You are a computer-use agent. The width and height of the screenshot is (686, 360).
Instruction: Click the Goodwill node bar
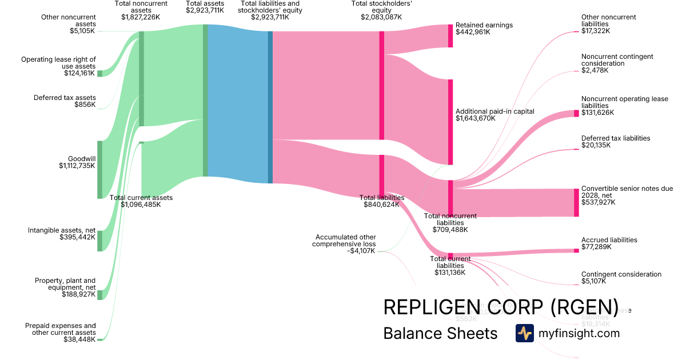click(x=99, y=169)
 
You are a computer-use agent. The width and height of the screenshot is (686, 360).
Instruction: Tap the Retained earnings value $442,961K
click(x=473, y=32)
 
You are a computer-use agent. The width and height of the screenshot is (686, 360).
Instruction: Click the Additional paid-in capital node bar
click(x=450, y=122)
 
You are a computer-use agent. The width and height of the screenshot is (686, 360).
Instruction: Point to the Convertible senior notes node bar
click(x=576, y=202)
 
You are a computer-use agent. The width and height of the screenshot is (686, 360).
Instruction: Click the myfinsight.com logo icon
click(x=524, y=333)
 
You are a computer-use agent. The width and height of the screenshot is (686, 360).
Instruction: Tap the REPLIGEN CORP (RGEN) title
click(x=500, y=307)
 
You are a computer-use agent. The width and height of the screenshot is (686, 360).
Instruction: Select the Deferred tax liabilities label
click(x=616, y=138)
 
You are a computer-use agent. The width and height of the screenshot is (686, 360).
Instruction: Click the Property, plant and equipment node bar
click(x=99, y=295)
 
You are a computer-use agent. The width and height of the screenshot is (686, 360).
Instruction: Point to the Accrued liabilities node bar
click(x=576, y=250)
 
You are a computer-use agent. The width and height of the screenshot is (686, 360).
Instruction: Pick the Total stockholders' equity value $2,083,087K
click(x=382, y=17)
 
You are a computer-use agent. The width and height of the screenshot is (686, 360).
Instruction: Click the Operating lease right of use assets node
click(x=99, y=73)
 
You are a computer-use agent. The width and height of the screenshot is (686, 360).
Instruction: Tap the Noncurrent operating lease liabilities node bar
click(x=576, y=113)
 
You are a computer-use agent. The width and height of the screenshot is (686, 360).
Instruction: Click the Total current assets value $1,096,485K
click(x=141, y=205)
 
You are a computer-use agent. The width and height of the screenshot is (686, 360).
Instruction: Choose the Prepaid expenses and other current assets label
click(x=61, y=329)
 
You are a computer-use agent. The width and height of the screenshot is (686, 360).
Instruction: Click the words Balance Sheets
click(x=440, y=333)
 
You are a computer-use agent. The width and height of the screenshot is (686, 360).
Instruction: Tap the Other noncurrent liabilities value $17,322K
click(x=596, y=31)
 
